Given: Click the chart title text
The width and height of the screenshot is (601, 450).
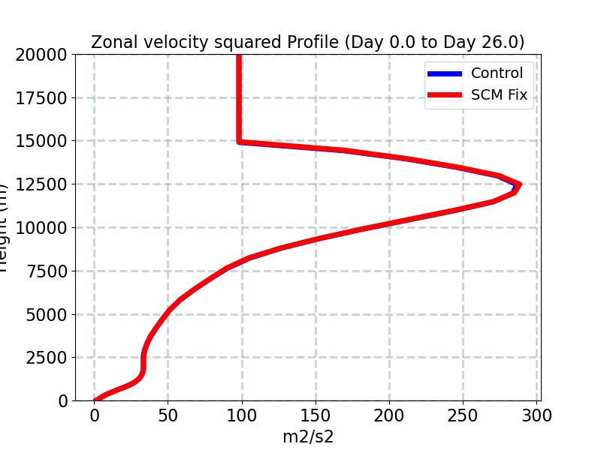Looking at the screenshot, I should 307,42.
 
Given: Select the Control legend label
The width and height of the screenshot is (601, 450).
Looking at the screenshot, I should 497,73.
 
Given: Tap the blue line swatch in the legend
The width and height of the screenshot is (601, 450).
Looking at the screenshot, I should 444,73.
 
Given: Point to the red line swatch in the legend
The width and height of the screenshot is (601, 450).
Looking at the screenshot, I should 444,96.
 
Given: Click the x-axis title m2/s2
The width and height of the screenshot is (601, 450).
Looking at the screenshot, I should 307,436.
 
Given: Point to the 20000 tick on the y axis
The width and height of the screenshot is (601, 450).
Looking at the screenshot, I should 41,54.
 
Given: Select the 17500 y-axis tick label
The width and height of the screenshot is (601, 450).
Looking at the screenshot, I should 41,97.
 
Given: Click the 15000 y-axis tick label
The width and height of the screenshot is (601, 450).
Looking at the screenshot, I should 41,141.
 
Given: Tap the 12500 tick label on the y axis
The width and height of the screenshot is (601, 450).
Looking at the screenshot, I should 41,184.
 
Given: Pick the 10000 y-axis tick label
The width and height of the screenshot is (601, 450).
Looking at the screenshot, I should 41,228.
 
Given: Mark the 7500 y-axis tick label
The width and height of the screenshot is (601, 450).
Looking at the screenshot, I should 45,271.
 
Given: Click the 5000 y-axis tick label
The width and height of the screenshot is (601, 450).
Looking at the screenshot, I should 45,314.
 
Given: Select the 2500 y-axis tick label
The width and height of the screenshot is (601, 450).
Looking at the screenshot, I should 45,358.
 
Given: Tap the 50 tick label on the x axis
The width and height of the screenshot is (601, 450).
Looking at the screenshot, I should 168,415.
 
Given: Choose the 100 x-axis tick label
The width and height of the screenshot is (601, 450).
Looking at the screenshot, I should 241,415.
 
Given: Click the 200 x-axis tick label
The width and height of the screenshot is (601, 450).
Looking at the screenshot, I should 389,415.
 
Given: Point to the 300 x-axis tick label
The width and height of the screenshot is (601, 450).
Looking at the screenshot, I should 536,415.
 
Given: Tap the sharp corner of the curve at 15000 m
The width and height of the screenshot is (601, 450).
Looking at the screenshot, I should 239,141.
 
